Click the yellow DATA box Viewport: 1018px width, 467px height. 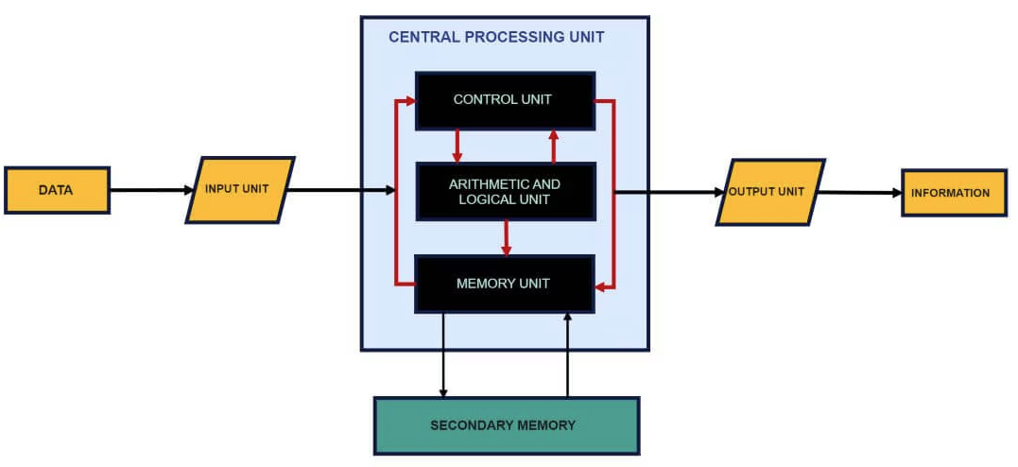click(57, 190)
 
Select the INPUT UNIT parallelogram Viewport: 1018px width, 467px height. click(240, 190)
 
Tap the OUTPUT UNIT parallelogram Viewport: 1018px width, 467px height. click(770, 192)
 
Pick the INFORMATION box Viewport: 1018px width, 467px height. click(954, 193)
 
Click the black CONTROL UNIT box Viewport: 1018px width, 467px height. click(505, 100)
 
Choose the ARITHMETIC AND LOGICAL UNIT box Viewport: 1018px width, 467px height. click(505, 192)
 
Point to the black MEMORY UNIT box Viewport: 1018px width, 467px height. click(505, 284)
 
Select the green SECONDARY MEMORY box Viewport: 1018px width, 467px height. click(507, 425)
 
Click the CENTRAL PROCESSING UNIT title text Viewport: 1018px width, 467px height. click(496, 37)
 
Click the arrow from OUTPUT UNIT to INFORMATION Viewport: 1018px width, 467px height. click(860, 193)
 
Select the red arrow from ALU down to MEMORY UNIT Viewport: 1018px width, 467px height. click(507, 237)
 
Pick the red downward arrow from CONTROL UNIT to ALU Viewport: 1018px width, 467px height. click(457, 146)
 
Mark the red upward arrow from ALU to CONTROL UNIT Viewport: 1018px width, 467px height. click(554, 146)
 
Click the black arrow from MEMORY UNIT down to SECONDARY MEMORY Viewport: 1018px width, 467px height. click(443, 355)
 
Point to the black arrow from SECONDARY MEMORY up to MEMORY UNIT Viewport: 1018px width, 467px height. click(568, 355)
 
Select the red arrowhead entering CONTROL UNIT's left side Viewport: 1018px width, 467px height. click(409, 100)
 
